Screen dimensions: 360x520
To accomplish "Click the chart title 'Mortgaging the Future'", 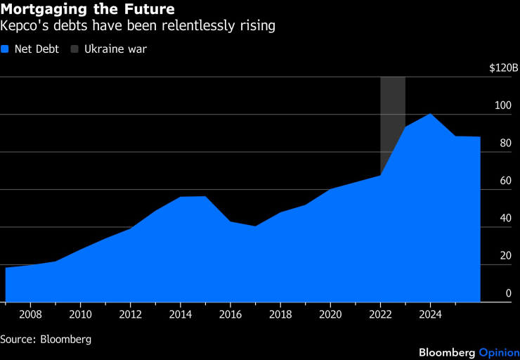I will coord(88,9).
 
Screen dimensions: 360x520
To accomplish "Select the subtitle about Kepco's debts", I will coord(138,26).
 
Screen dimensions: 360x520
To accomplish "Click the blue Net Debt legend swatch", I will coord(5,49).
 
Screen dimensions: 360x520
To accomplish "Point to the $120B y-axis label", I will coord(504,68).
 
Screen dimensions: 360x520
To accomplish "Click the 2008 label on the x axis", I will coord(30,314).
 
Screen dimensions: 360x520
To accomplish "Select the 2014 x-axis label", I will coord(181,314).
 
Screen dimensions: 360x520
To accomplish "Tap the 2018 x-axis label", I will coord(280,314).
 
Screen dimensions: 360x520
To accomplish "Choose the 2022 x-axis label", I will coord(380,314).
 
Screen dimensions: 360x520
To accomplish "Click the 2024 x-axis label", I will coord(430,314).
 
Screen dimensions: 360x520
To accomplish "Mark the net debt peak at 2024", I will coord(430,114).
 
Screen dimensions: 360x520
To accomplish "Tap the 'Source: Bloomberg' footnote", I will coord(46,339).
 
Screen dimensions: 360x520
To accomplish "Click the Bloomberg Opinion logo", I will coord(469,352).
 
